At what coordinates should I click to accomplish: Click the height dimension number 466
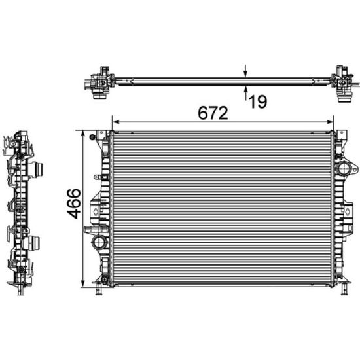[x=73, y=204]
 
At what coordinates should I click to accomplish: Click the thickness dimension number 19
[x=258, y=102]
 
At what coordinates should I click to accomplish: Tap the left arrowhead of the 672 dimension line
[x=115, y=121]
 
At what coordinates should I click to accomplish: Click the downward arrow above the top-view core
[x=245, y=73]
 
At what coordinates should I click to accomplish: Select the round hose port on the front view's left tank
[x=99, y=243]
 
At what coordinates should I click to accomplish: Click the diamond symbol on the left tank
[x=96, y=212]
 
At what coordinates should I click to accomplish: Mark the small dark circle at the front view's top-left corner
[x=93, y=137]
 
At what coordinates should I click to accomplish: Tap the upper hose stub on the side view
[x=37, y=168]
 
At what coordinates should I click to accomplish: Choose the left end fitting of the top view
[x=100, y=83]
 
